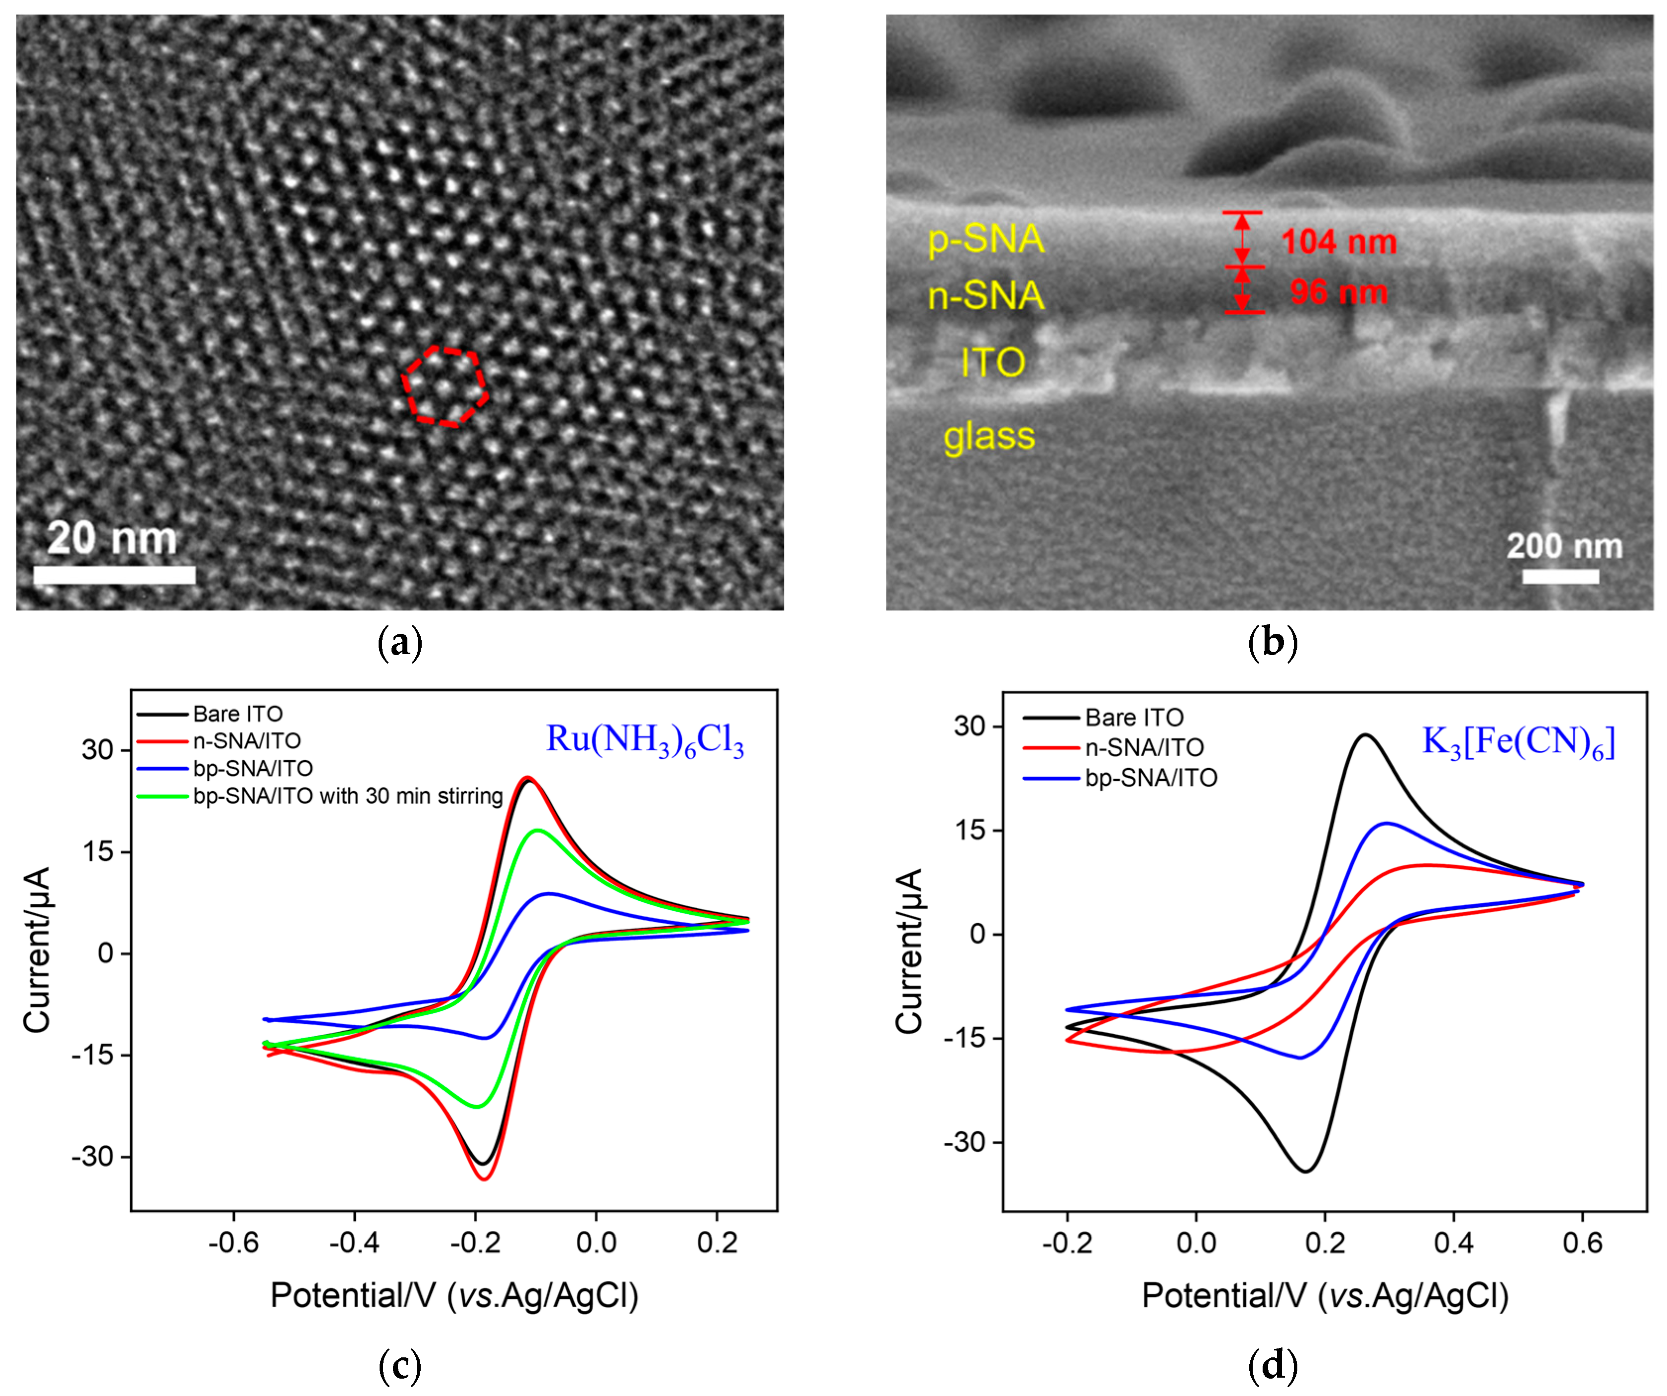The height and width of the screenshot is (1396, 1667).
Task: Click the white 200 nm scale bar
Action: [1560, 576]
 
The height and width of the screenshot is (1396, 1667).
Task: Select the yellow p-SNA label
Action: [986, 239]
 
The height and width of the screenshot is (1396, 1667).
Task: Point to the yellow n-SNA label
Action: [986, 296]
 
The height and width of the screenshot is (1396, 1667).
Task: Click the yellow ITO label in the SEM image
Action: [993, 363]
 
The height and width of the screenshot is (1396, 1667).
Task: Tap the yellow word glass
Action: [989, 436]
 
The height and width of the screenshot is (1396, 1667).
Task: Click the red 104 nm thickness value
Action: [1338, 241]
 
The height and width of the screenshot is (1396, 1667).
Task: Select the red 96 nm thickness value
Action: [1338, 292]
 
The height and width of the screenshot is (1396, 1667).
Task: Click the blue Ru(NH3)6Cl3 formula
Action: [645, 740]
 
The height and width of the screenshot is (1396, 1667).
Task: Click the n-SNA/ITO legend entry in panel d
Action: [1144, 748]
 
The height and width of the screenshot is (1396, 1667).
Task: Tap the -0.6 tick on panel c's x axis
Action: [233, 1242]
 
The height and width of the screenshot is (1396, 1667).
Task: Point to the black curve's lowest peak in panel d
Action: [1306, 1171]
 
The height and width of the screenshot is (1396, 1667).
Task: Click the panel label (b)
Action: [1273, 643]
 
